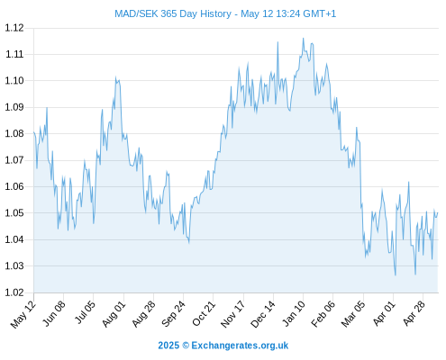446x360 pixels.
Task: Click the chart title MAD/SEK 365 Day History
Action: click(x=173, y=13)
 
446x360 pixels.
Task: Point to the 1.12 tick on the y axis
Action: click(x=14, y=28)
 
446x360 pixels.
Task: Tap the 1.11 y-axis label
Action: click(x=14, y=54)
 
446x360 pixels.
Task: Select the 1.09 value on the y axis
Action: click(x=14, y=107)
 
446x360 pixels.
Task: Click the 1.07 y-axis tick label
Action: click(x=14, y=160)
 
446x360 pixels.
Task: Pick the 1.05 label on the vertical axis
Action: click(x=14, y=213)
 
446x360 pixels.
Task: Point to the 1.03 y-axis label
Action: click(x=14, y=265)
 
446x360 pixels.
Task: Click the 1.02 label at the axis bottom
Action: click(x=14, y=292)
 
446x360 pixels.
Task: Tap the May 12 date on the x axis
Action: click(x=23, y=314)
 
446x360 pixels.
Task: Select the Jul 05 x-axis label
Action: click(x=85, y=312)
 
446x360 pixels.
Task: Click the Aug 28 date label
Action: click(x=144, y=313)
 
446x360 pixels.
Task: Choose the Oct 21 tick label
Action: click(x=204, y=313)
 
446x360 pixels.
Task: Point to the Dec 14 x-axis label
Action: click(x=263, y=313)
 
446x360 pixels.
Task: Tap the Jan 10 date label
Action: click(x=294, y=313)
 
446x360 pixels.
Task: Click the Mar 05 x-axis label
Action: click(x=353, y=313)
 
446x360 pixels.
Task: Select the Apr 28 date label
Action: click(x=414, y=313)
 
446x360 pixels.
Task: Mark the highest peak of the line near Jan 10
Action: click(x=304, y=38)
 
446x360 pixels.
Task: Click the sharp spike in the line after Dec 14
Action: click(x=278, y=42)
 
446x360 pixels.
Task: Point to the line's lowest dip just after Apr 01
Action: click(x=396, y=275)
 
